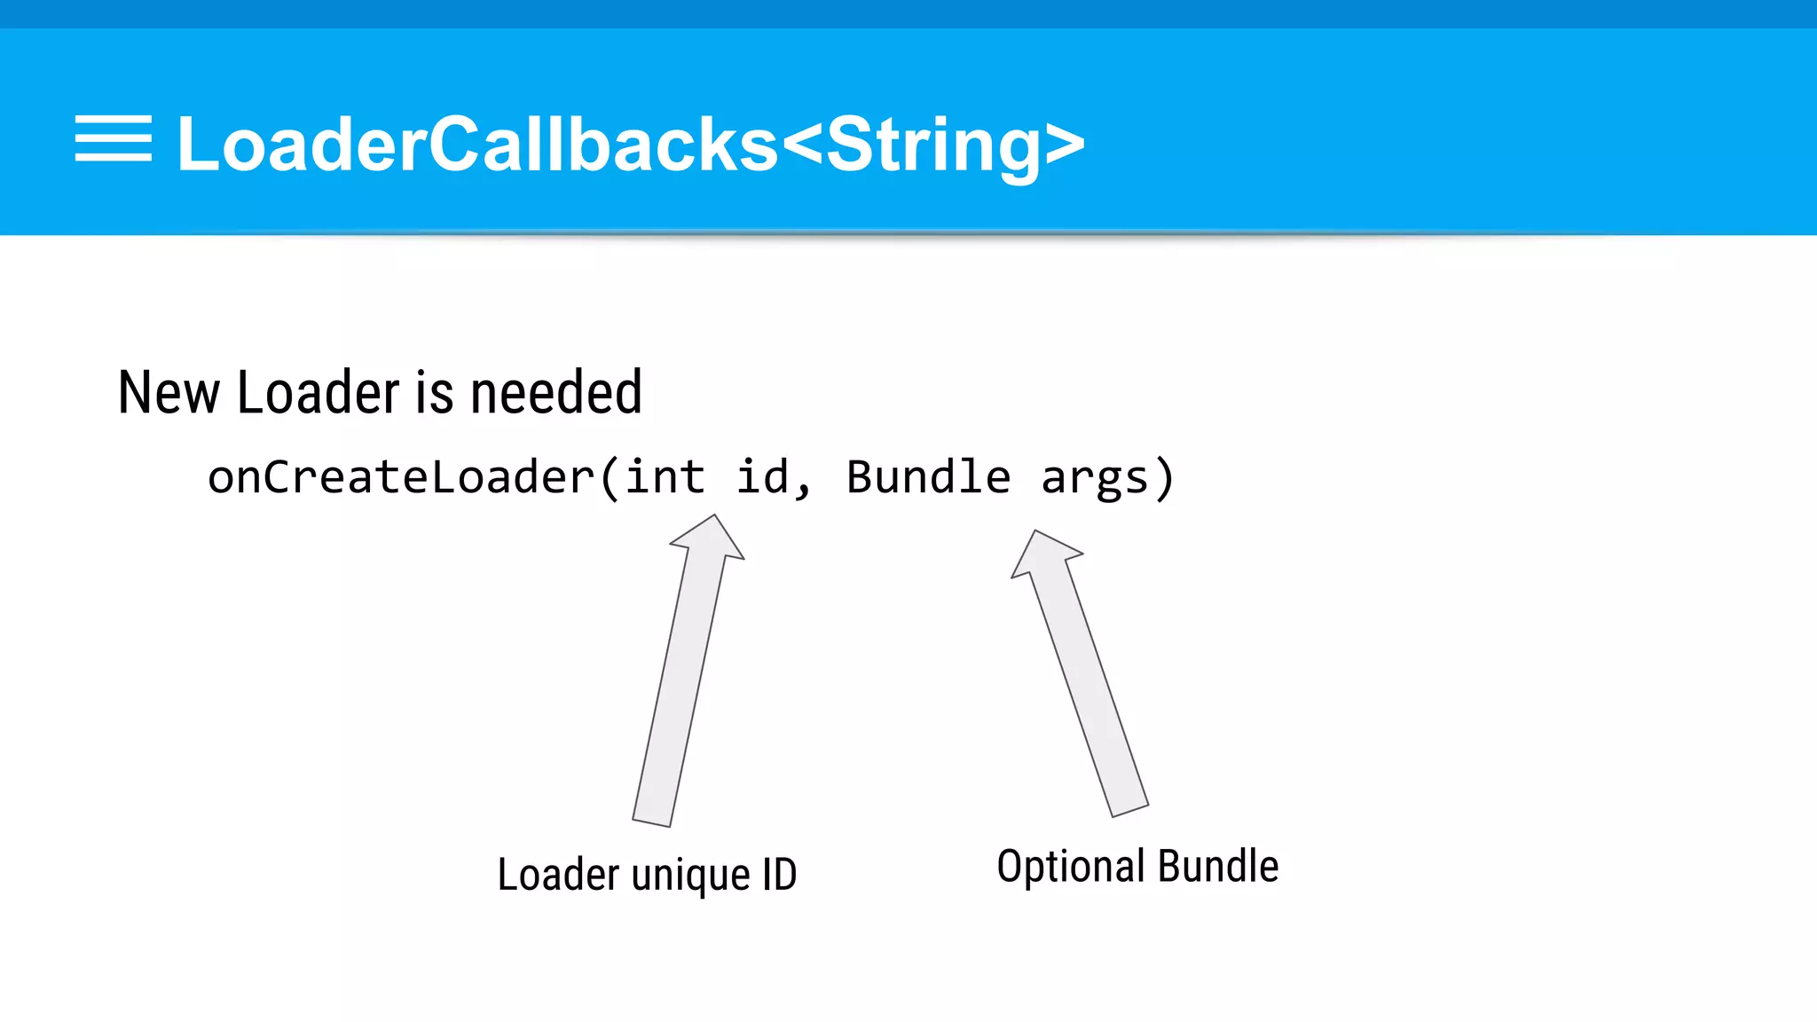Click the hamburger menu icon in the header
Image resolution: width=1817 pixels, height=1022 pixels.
(113, 139)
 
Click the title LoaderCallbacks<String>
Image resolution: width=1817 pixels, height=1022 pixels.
(631, 145)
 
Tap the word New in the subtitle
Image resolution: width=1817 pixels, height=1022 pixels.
(169, 393)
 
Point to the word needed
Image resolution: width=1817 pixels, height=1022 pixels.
(556, 393)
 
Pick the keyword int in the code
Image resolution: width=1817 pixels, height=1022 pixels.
(665, 477)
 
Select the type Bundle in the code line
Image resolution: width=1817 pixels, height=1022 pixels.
(928, 477)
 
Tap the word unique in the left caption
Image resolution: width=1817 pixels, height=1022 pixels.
(691, 876)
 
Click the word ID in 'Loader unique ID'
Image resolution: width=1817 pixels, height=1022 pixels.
(779, 875)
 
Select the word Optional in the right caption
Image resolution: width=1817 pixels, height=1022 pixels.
(1071, 867)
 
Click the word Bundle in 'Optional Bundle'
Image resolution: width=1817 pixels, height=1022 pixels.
(1218, 866)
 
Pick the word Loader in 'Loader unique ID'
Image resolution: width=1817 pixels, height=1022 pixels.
(558, 875)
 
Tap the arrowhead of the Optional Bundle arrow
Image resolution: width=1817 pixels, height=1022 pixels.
(1043, 553)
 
